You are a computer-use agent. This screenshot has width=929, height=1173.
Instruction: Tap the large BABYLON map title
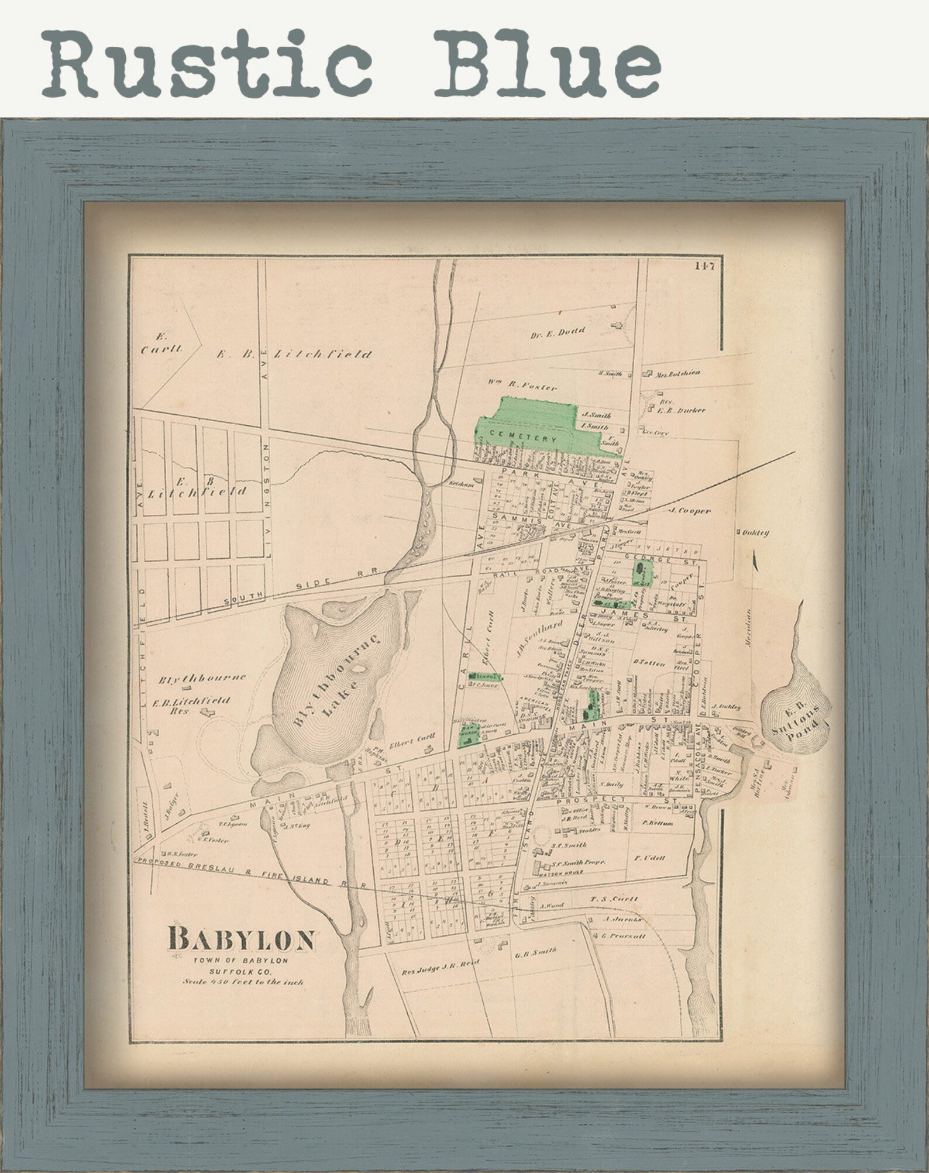tap(242, 941)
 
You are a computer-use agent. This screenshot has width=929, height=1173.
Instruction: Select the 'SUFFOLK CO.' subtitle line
tap(242, 972)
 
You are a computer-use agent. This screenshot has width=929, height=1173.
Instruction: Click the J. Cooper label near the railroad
tap(690, 510)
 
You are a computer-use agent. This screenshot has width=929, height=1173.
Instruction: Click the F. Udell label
tap(649, 858)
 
